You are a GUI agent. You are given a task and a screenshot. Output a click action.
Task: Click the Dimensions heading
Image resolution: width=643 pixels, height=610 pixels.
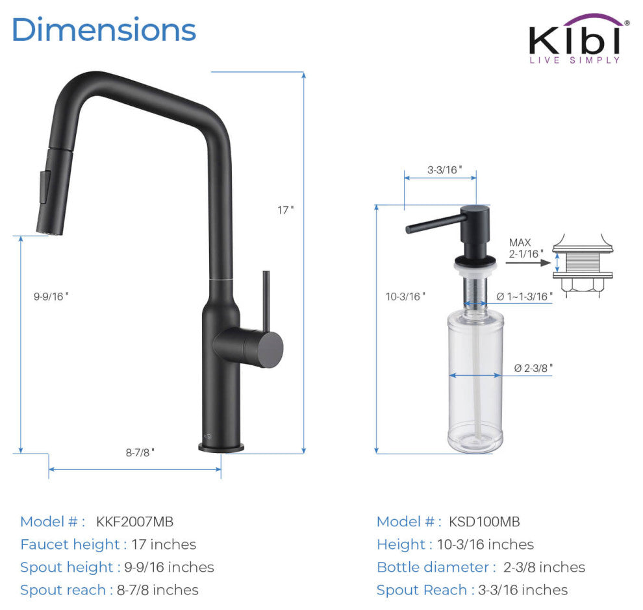pos(104,29)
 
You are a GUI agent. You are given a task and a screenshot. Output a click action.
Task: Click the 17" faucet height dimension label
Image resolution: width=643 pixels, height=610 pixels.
pos(285,210)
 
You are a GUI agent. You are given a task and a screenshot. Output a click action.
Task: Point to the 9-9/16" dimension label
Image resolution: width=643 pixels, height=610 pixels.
pos(51,296)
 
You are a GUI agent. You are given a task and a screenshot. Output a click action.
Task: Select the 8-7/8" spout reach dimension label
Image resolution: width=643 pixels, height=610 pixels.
pos(140,452)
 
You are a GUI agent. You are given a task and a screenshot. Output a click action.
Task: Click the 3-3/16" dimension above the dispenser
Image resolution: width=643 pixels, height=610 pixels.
pos(444,169)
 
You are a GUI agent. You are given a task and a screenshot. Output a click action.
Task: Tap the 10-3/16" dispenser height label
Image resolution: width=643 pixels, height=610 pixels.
pos(405,296)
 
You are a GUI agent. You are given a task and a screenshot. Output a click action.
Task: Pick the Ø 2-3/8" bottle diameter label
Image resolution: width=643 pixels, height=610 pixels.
pos(533,368)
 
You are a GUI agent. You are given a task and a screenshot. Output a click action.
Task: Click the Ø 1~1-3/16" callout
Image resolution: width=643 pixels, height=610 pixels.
pos(525,296)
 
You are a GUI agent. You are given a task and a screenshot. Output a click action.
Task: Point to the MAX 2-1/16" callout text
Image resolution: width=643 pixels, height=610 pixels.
pos(526,248)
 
